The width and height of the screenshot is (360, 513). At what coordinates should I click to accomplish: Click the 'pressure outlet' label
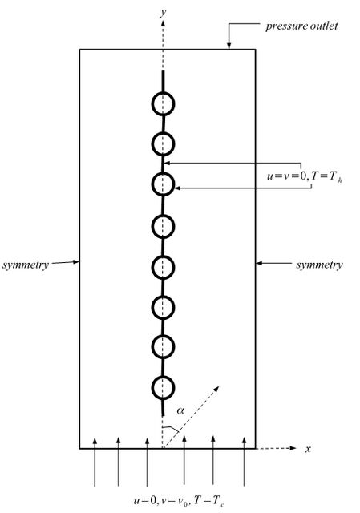tap(301, 26)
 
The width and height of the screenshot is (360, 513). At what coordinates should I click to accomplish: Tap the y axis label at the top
tap(163, 12)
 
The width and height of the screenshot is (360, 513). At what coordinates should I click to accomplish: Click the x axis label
tap(308, 449)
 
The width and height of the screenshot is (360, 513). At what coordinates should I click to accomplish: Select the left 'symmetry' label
tap(26, 265)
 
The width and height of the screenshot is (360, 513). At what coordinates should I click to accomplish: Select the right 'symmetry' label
tap(319, 265)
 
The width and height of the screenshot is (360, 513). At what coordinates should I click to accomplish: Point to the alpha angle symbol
tap(180, 410)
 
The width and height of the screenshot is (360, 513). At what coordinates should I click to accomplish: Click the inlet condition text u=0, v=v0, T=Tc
tap(179, 500)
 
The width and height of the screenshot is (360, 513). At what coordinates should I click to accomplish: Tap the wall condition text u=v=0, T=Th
tap(305, 176)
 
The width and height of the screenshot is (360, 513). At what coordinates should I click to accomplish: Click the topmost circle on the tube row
tap(163, 104)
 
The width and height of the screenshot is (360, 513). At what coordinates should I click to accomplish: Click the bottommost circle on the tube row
tap(163, 387)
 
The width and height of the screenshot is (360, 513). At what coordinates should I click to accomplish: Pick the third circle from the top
tap(163, 184)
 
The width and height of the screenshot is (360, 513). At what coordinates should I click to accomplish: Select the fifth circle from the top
tap(163, 267)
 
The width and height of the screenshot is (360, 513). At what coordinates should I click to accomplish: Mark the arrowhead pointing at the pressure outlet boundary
tap(229, 46)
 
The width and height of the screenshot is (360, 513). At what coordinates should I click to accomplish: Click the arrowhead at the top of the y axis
tap(163, 23)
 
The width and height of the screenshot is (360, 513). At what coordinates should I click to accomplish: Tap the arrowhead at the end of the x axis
tap(293, 448)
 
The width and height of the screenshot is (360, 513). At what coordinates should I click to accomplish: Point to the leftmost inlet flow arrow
tap(95, 462)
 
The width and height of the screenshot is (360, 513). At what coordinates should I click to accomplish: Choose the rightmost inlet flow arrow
tap(245, 461)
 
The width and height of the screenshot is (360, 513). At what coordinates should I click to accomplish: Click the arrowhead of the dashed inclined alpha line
tap(216, 389)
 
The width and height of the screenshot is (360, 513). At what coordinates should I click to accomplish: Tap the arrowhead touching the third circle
tap(178, 188)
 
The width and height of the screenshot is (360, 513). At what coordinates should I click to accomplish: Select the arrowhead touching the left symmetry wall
tap(76, 261)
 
